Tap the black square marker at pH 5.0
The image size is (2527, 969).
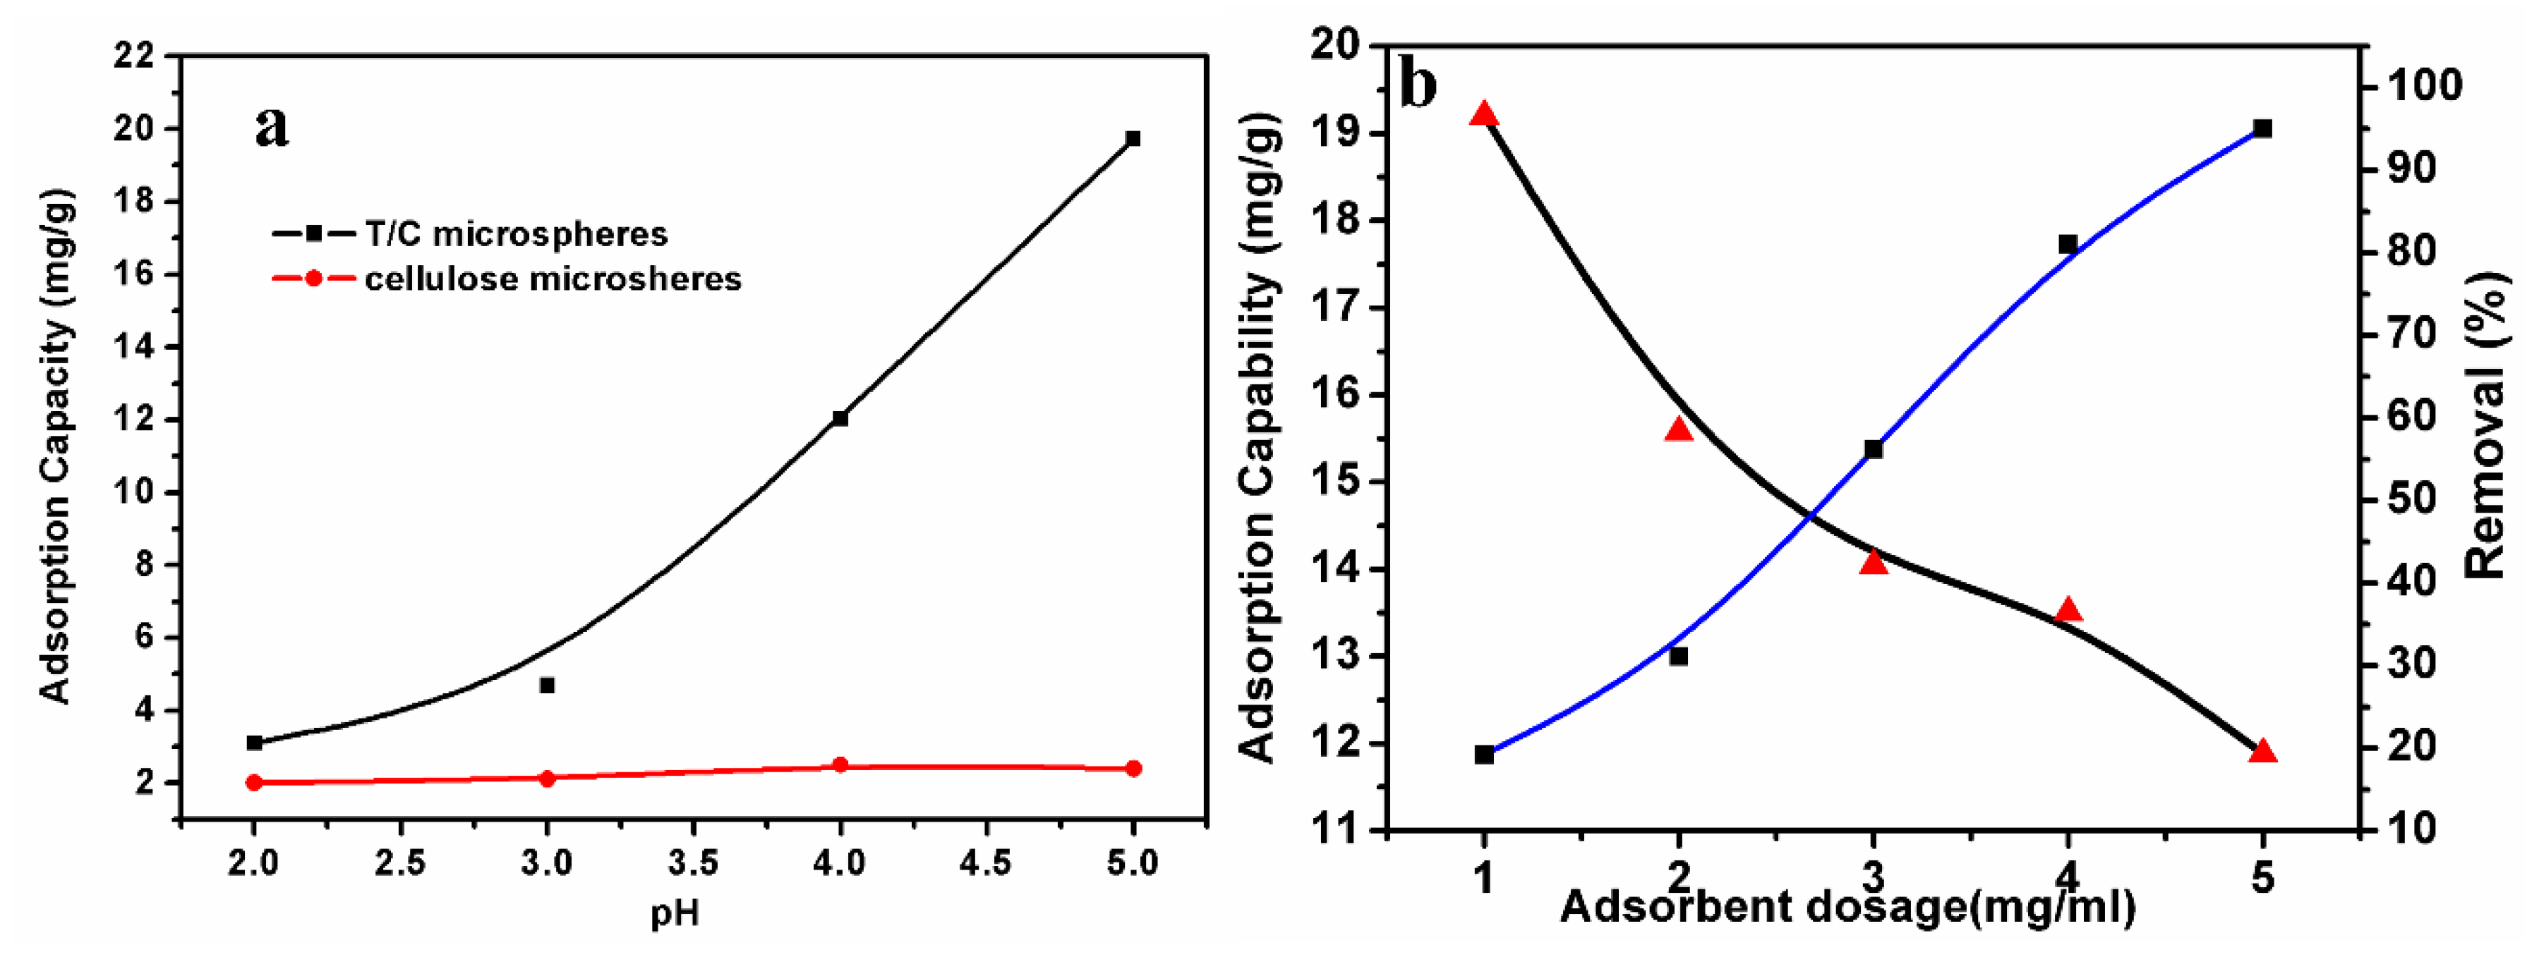coord(1133,138)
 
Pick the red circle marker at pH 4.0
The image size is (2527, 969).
coord(840,764)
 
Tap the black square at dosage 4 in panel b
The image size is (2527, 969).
coord(2068,244)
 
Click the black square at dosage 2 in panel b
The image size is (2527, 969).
coord(1679,656)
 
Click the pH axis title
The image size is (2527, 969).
coord(675,913)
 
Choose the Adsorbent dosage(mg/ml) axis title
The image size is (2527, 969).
coord(1848,906)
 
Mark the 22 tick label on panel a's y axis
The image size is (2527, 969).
coord(134,55)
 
